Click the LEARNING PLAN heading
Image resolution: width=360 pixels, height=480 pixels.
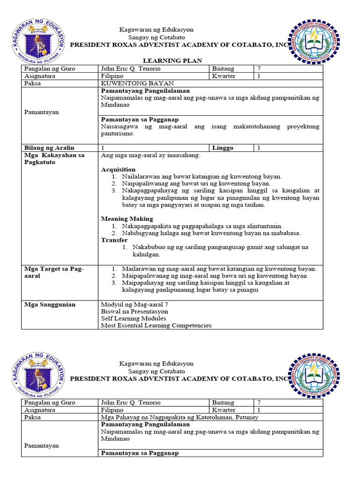point(172,60)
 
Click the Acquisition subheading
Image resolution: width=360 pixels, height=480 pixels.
point(118,169)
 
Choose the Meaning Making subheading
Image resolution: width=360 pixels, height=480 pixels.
point(127,218)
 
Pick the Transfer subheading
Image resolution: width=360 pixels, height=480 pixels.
point(114,240)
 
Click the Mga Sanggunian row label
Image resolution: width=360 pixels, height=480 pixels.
point(50,304)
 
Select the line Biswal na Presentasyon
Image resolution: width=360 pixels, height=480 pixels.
point(134,311)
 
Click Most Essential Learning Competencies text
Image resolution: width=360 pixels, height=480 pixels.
point(156,325)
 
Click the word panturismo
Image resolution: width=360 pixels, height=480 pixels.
point(117,134)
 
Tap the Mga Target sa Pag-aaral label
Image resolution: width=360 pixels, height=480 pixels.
point(53,272)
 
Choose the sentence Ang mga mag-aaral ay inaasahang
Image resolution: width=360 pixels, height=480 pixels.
point(150,155)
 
